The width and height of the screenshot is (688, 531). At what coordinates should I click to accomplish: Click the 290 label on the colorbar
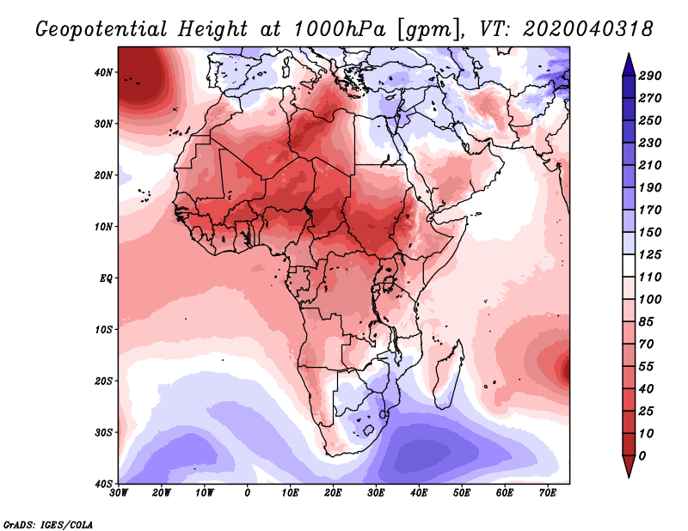(649, 76)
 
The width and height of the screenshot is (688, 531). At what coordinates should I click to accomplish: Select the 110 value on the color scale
(649, 277)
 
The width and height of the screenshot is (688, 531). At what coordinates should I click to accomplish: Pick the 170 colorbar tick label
(649, 210)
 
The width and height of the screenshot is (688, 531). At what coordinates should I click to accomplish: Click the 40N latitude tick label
(103, 72)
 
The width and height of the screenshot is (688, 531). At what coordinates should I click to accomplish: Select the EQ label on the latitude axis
(105, 278)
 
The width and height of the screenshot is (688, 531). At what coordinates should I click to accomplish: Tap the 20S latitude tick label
(103, 381)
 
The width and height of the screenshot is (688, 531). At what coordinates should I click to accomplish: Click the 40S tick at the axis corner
(103, 483)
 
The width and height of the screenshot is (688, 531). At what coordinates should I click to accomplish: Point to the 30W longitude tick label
(119, 493)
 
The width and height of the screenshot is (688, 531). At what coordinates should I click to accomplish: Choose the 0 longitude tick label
(248, 493)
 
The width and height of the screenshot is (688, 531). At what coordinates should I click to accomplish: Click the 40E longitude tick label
(419, 493)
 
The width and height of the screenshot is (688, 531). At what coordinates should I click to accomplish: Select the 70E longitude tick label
(548, 493)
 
